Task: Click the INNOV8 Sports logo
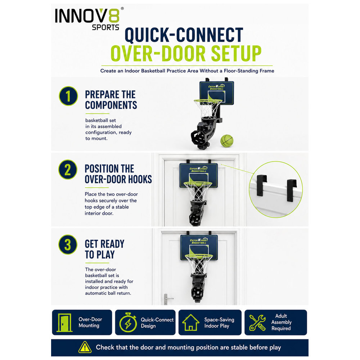point(89,19)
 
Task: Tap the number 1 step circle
point(68,96)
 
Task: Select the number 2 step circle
point(68,170)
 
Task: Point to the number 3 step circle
point(68,244)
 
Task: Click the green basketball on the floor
point(227,141)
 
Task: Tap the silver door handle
point(168,299)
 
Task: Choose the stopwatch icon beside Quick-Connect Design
point(128,322)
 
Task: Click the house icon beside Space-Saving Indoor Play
point(190,322)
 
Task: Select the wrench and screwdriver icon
point(257,323)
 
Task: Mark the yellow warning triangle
point(85,347)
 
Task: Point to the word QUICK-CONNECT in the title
point(184,35)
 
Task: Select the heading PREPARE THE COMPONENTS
point(111,100)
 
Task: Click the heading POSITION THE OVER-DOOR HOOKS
point(118,174)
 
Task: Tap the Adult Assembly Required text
point(281,322)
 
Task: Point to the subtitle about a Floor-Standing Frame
point(187,71)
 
